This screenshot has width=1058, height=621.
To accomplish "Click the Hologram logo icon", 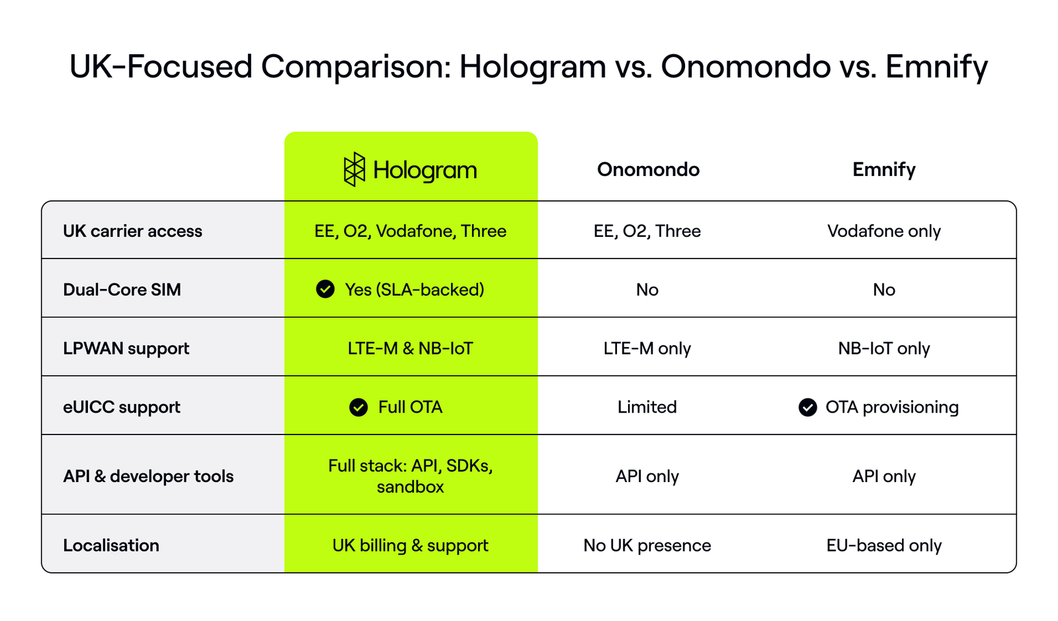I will pyautogui.click(x=354, y=169).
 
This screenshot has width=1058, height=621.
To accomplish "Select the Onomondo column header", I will pyautogui.click(x=648, y=169).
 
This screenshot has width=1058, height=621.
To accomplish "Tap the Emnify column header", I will pyautogui.click(x=883, y=169).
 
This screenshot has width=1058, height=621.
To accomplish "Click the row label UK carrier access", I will pyautogui.click(x=132, y=231).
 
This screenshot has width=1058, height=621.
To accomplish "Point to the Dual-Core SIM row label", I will pyautogui.click(x=122, y=290).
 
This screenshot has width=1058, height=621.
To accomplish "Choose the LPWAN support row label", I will pyautogui.click(x=126, y=349).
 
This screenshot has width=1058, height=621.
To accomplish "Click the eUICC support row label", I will pyautogui.click(x=121, y=407).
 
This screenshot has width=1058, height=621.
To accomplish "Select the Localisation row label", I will pyautogui.click(x=111, y=546).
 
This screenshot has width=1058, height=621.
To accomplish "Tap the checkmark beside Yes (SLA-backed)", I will pyautogui.click(x=325, y=289).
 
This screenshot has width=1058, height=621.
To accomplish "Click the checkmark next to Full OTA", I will pyautogui.click(x=358, y=407).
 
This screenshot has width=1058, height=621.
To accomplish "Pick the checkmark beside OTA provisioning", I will pyautogui.click(x=807, y=407).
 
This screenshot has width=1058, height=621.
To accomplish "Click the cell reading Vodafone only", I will pyautogui.click(x=883, y=231).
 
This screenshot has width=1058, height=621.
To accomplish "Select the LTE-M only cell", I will pyautogui.click(x=647, y=349).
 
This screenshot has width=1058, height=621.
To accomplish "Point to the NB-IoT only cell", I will pyautogui.click(x=883, y=349).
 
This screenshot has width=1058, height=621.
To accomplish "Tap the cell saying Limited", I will pyautogui.click(x=647, y=407).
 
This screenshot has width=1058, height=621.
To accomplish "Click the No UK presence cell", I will pyautogui.click(x=647, y=546).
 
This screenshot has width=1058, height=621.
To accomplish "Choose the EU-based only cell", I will pyautogui.click(x=883, y=546).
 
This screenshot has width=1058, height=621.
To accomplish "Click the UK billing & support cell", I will pyautogui.click(x=410, y=546).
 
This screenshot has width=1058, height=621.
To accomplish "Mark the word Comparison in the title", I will pyautogui.click(x=356, y=67).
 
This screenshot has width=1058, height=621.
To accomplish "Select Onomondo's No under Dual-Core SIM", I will pyautogui.click(x=647, y=290).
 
